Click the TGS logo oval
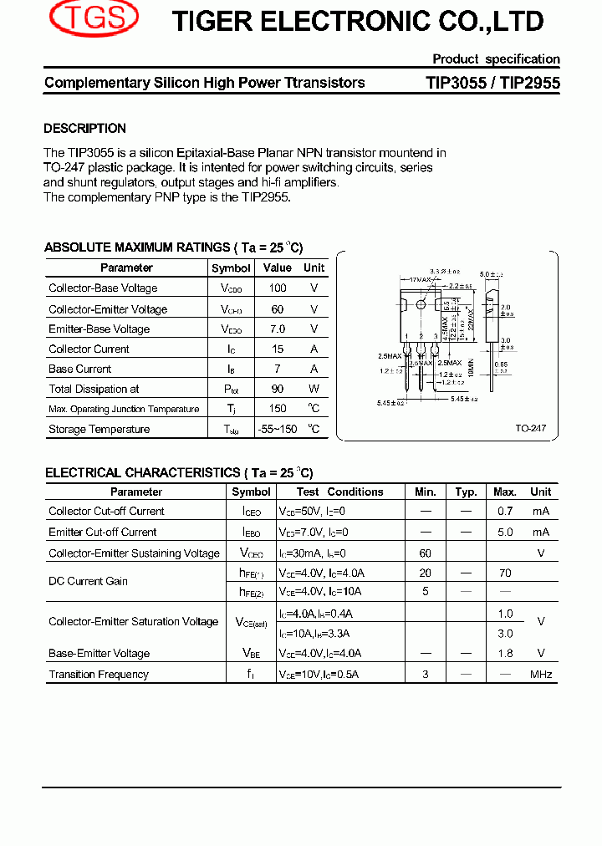click(94, 18)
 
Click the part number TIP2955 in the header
click(531, 83)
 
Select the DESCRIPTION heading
click(84, 129)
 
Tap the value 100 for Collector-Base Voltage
click(278, 288)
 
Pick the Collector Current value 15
click(278, 349)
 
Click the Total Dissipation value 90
click(278, 389)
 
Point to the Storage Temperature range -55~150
click(277, 430)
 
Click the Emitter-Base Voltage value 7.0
click(278, 329)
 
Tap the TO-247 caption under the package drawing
click(530, 428)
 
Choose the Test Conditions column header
click(339, 492)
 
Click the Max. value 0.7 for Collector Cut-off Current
click(505, 512)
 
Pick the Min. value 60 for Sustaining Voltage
click(426, 553)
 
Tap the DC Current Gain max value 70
click(505, 573)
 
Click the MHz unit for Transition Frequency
click(541, 675)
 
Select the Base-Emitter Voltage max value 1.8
click(505, 654)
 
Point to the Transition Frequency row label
click(99, 675)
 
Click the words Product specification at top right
click(496, 59)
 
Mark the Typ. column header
click(466, 492)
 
